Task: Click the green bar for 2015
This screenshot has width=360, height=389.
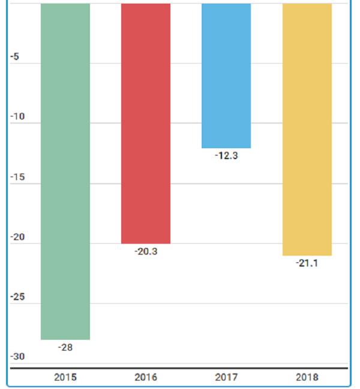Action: point(65,171)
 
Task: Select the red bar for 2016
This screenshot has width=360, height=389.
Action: point(146,123)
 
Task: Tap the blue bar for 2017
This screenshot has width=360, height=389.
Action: point(226,75)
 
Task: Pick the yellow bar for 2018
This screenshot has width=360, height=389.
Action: point(307,129)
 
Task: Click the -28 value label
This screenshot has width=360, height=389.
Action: point(65,348)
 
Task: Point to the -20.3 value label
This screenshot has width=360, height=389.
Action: point(146,252)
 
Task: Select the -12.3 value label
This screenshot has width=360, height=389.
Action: point(226,155)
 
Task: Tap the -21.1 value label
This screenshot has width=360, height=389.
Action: point(307,264)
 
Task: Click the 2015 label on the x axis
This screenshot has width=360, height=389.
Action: point(65,378)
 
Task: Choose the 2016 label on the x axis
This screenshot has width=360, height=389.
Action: point(146,378)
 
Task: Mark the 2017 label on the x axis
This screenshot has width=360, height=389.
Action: point(226,378)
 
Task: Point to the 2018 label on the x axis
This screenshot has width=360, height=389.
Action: point(307,378)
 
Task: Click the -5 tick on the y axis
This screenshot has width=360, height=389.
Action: point(16,57)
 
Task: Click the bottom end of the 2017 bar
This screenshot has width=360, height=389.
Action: point(226,146)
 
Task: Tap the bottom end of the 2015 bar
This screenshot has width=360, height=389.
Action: point(65,339)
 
